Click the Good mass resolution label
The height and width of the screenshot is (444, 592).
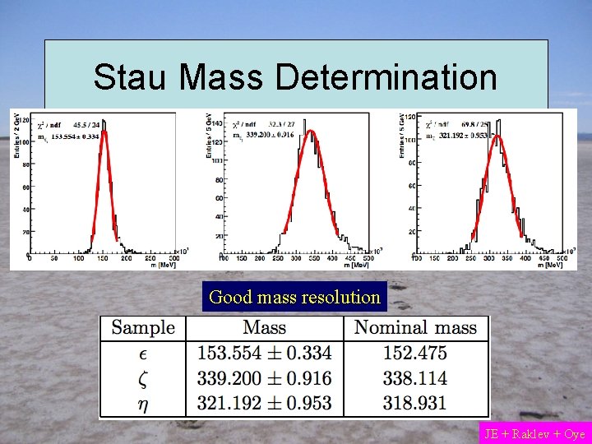point(294,297)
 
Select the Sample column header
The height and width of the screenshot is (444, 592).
point(143,327)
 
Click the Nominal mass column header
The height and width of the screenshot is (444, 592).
point(415,327)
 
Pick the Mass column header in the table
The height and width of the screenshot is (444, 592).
point(265,327)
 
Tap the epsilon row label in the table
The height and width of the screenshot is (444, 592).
point(143,354)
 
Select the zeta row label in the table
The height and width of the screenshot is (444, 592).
point(143,378)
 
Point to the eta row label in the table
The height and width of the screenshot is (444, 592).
point(143,403)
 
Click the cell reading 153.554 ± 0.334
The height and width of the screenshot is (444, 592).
point(265,354)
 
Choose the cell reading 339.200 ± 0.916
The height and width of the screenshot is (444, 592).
point(265,378)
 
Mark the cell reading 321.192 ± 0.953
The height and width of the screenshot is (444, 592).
point(265,403)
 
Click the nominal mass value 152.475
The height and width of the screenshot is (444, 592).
point(415,354)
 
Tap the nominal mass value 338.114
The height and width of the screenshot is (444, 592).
point(415,378)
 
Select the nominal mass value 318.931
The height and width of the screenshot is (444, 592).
point(415,403)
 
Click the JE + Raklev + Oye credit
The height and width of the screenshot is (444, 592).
point(534,433)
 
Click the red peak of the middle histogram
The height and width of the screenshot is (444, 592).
point(308,132)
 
